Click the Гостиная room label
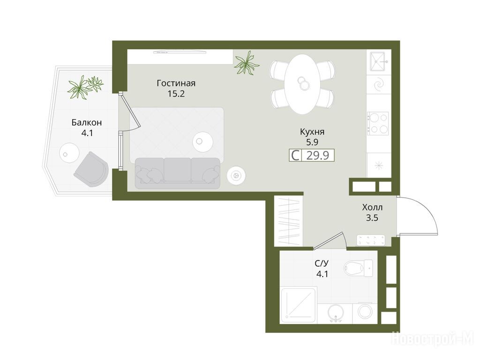coord(176,83)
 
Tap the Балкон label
coord(87,123)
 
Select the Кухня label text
coord(312,132)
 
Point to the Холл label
coord(372,208)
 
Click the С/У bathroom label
coord(322,263)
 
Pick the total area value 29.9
coord(318,156)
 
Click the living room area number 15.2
coord(176,94)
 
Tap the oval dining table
coord(302,84)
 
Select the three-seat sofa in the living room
coord(177,173)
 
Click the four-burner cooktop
coord(378,124)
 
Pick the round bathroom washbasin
coord(336,313)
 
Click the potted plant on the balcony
coord(85,86)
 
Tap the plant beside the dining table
coord(247,63)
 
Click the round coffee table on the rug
coord(202,142)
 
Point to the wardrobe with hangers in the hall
coord(288,220)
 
